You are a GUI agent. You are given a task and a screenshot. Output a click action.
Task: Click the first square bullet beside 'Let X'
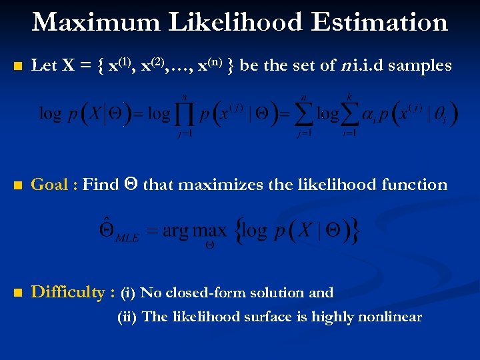point(17,67)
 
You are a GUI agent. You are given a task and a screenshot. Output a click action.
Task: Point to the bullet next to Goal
point(17,185)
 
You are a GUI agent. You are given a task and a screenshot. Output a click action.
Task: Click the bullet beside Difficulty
point(17,293)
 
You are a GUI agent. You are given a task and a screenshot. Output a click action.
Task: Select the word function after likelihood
point(414,185)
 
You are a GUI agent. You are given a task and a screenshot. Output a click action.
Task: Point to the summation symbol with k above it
point(351,114)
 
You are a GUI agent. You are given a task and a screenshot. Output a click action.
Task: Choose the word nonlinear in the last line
point(390,317)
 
